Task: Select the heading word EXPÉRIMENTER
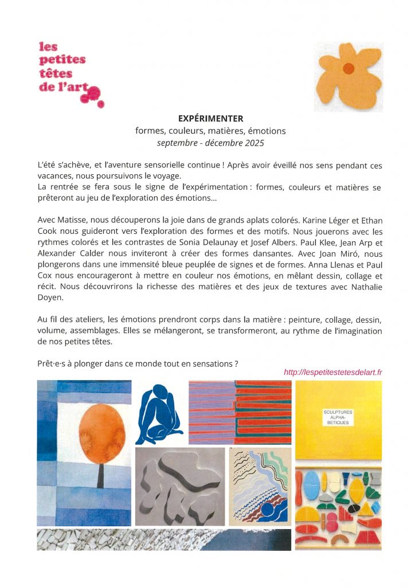click(210, 119)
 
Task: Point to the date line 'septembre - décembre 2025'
click(210, 143)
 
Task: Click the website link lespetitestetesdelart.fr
click(333, 372)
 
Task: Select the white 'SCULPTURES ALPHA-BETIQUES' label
click(338, 417)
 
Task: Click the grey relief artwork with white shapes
click(179, 487)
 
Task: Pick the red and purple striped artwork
click(239, 412)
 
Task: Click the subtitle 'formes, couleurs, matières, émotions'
click(210, 131)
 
